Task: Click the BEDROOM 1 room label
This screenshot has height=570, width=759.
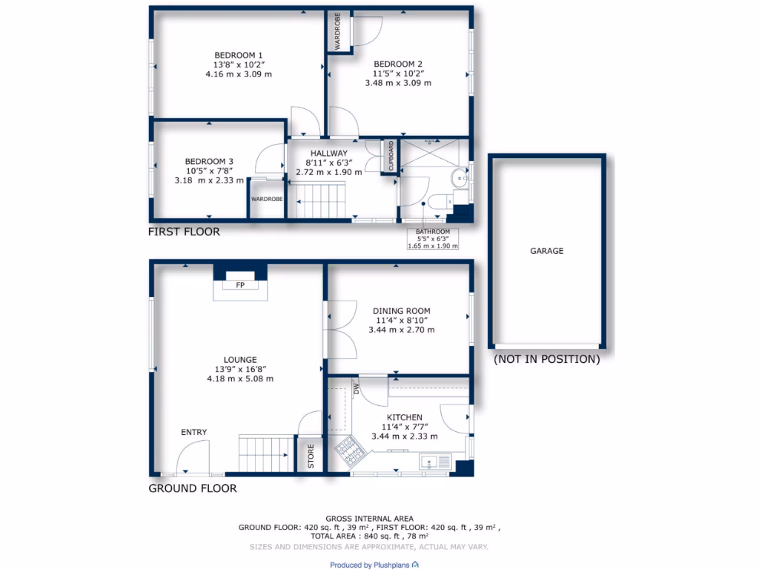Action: [238, 55]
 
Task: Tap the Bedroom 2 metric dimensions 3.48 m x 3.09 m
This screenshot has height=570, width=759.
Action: [398, 83]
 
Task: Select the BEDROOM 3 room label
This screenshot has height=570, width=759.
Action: [209, 161]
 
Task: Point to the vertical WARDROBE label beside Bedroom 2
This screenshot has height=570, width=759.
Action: [337, 33]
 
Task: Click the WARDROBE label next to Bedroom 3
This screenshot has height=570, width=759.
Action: [266, 199]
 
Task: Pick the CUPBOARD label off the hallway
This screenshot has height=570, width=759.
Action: [391, 155]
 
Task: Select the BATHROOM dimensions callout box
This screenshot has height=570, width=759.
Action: [433, 237]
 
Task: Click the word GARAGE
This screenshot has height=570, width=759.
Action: [546, 251]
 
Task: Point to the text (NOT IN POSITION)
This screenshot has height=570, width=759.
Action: [546, 360]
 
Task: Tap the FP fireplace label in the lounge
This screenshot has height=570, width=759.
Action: [240, 285]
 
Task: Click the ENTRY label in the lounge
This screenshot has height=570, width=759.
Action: [193, 432]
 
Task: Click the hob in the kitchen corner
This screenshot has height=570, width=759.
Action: [348, 450]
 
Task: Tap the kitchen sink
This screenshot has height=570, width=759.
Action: [435, 462]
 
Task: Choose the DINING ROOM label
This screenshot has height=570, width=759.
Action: [402, 311]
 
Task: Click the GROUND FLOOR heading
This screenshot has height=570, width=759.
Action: [193, 488]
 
